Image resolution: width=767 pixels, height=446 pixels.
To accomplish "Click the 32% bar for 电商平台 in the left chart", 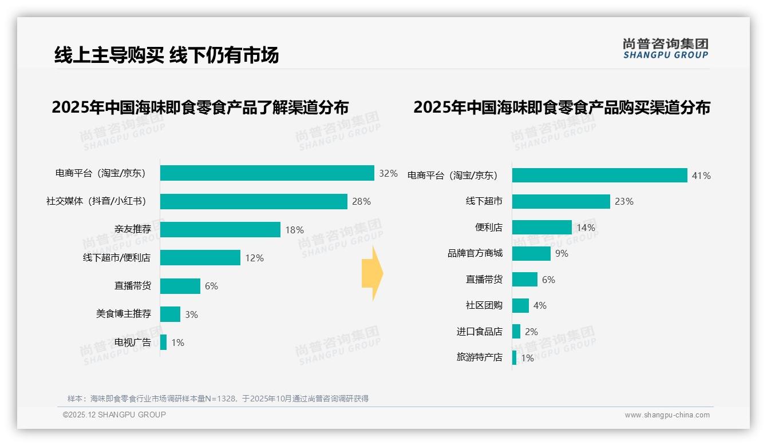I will (x=267, y=173).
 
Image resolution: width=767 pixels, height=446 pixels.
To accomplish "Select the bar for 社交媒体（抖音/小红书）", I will (x=254, y=201).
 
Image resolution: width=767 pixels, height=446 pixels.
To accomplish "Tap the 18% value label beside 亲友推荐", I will (x=294, y=230).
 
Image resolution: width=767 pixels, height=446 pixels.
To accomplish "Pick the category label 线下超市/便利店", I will (x=117, y=258).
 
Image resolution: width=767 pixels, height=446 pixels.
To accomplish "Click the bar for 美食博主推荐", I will (x=170, y=314).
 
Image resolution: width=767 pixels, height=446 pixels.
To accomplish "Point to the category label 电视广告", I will (x=133, y=343).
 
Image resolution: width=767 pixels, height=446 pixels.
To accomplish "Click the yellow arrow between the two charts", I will (x=372, y=274).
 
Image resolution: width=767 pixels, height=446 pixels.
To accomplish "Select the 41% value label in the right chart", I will (x=701, y=176).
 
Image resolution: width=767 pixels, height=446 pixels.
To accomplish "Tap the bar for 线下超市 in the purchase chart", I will (x=561, y=201).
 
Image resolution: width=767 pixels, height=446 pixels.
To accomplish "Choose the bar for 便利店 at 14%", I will (x=541, y=228).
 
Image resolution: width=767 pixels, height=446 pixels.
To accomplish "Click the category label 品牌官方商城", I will (x=475, y=253).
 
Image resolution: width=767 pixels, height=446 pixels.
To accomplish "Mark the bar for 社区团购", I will (x=520, y=305).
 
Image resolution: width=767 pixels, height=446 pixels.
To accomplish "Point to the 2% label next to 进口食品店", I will (x=531, y=332).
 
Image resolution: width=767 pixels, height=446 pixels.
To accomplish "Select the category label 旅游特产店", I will (x=480, y=357).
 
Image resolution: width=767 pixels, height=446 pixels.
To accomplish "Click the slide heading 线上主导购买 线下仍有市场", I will (x=167, y=55).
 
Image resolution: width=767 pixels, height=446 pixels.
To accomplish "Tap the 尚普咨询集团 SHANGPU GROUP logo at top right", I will (x=665, y=49).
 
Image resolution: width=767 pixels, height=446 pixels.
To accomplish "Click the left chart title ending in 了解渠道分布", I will (x=200, y=107).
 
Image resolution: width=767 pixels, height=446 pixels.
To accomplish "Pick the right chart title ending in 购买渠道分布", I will (x=562, y=107).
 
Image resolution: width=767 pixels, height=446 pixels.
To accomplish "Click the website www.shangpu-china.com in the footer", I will (x=667, y=415).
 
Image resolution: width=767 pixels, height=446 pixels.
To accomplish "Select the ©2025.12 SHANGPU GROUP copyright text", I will (x=114, y=415).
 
